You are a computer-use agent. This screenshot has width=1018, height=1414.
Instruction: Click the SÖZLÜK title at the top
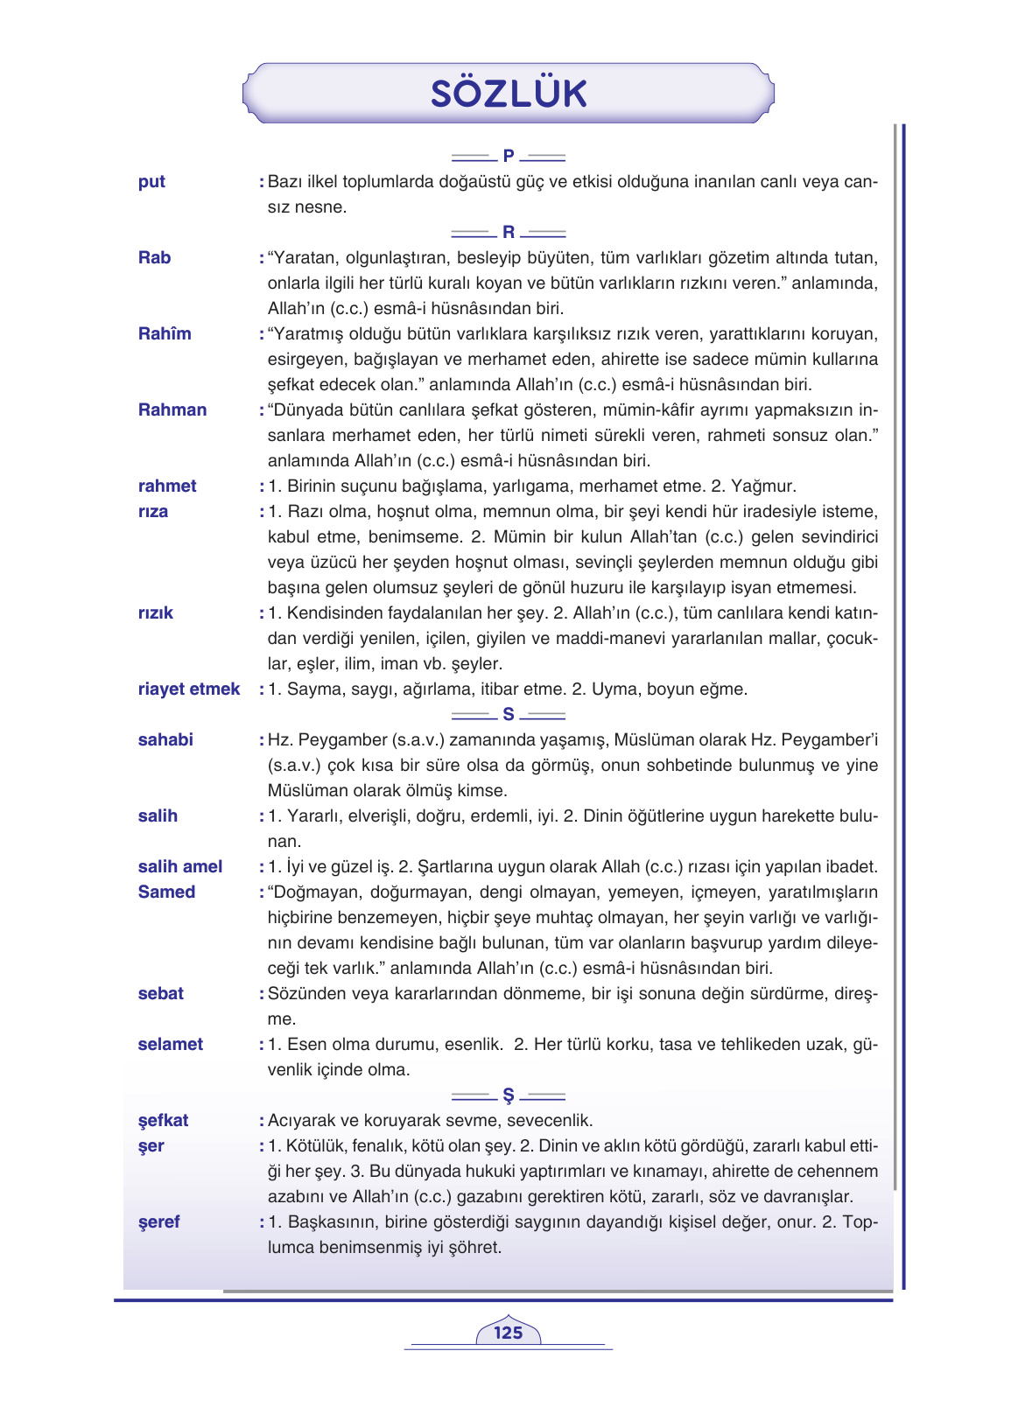(x=509, y=94)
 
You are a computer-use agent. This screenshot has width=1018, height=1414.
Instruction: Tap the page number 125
(x=508, y=1333)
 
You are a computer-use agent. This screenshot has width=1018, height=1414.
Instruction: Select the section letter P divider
(x=509, y=157)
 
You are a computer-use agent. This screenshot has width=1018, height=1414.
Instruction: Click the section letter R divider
(x=509, y=233)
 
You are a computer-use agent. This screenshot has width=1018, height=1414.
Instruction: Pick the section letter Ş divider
(x=509, y=1096)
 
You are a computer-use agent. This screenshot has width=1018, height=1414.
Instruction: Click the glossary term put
(x=151, y=182)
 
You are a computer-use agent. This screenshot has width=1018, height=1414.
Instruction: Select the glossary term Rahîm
(x=165, y=333)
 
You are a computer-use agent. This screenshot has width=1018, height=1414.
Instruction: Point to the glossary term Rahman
(x=172, y=409)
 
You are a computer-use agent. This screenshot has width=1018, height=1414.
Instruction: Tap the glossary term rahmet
(x=167, y=486)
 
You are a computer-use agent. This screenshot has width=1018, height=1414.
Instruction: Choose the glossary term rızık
(x=156, y=612)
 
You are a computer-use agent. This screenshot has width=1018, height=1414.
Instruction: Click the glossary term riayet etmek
(x=189, y=689)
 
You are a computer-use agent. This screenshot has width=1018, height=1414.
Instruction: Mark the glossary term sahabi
(x=165, y=739)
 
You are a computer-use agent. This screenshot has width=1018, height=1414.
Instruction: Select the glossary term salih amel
(x=180, y=866)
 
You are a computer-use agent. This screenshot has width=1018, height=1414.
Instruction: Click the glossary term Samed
(x=166, y=892)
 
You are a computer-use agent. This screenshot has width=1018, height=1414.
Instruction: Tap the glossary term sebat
(x=161, y=993)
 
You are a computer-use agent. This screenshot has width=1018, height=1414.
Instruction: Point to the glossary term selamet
(x=171, y=1044)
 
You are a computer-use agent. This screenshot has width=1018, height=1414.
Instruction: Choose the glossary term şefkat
(x=164, y=1120)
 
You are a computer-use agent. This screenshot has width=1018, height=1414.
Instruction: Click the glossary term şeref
(x=159, y=1221)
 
